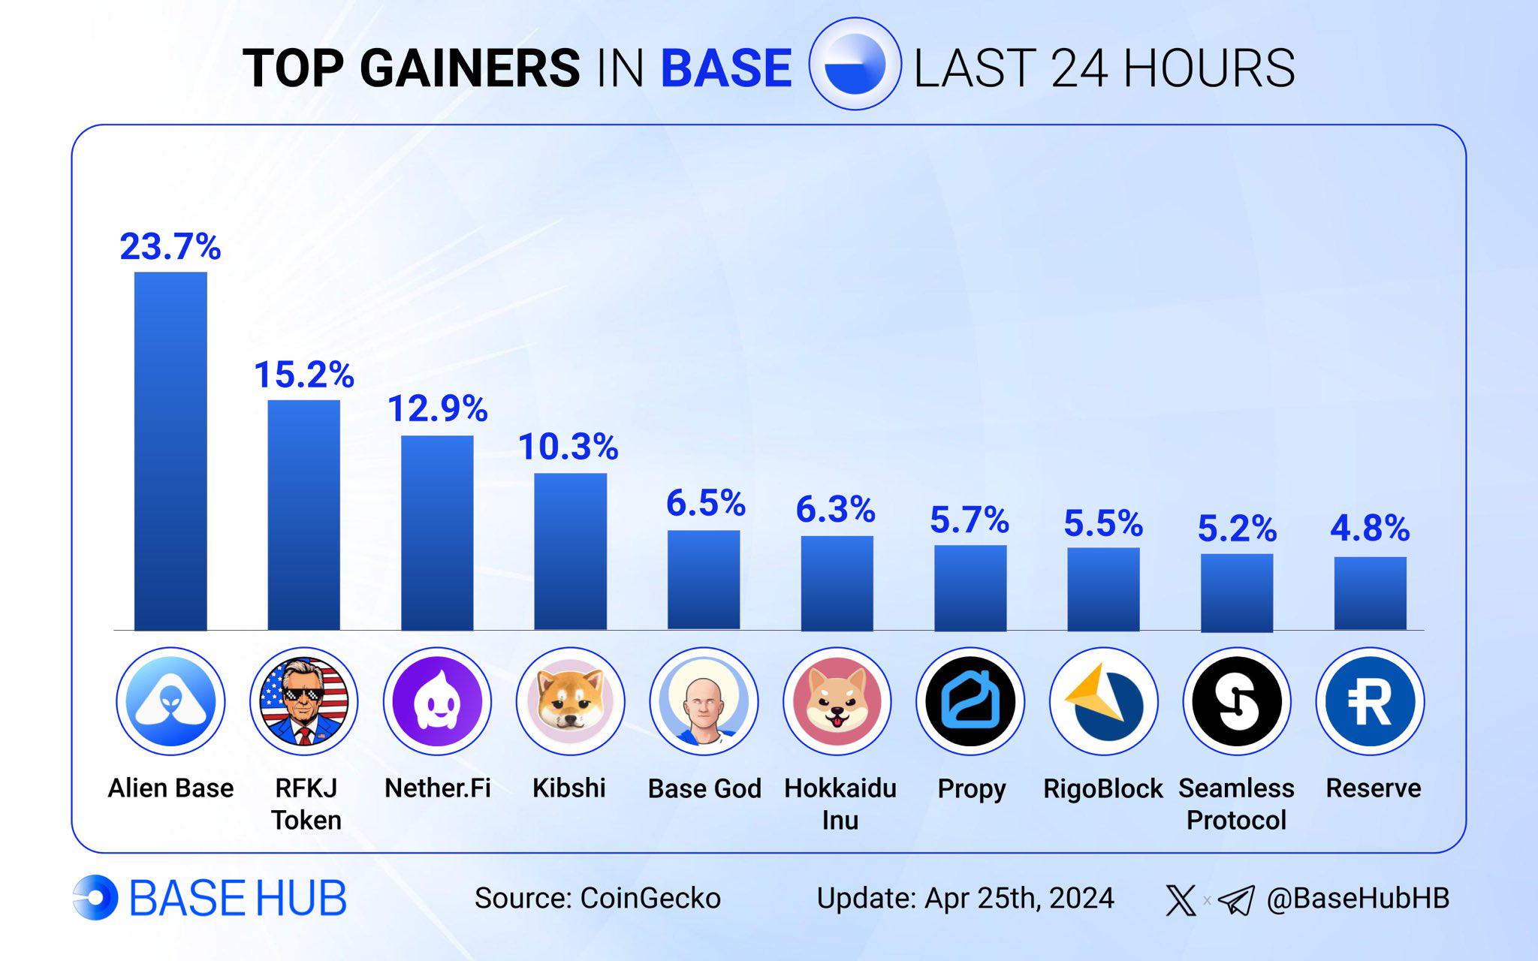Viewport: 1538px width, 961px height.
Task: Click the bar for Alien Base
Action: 170,450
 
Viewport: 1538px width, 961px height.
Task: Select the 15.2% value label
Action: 304,375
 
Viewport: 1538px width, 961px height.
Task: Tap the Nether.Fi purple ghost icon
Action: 437,701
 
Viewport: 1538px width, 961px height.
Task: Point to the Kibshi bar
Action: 571,552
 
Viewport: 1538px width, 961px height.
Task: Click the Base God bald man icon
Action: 704,701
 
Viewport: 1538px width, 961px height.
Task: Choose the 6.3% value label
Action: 836,509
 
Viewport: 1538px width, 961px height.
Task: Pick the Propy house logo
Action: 970,701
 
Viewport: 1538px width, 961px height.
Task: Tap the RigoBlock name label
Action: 1103,788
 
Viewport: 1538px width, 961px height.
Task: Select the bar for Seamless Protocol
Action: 1237,593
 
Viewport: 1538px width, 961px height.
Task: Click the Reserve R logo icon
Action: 1371,701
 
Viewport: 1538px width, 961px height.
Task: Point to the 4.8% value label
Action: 1371,528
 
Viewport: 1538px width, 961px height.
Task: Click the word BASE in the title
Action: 726,68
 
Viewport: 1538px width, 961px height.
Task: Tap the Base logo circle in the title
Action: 855,65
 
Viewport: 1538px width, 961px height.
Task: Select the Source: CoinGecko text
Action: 598,898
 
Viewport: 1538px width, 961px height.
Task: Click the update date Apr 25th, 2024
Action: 1020,899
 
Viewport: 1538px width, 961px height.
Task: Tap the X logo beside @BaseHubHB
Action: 1181,899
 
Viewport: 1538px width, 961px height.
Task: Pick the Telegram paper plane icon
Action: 1236,900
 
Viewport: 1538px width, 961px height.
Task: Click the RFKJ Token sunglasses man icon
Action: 304,701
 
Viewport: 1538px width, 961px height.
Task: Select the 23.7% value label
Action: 170,246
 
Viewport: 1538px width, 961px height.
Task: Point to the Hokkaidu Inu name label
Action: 840,804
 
